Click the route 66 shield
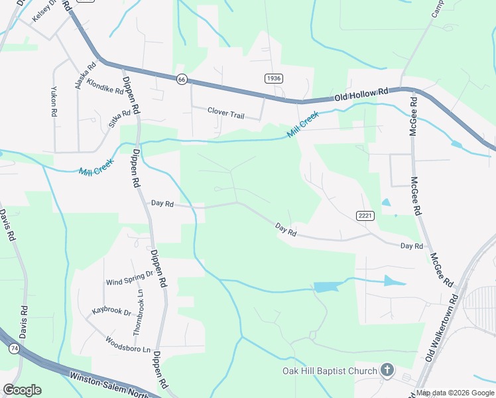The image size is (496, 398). coord(182,79)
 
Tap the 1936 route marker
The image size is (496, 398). coord(273,78)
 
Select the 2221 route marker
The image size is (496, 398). coord(365,216)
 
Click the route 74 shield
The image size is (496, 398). coord(14,348)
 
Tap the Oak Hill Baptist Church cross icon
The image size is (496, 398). coord(387,371)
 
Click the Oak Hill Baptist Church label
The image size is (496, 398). coord(330,371)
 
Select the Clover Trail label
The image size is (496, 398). coord(225,113)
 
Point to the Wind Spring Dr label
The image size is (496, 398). coord(129,277)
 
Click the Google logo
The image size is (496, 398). coord(22,389)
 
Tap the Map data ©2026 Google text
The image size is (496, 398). coord(455,393)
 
